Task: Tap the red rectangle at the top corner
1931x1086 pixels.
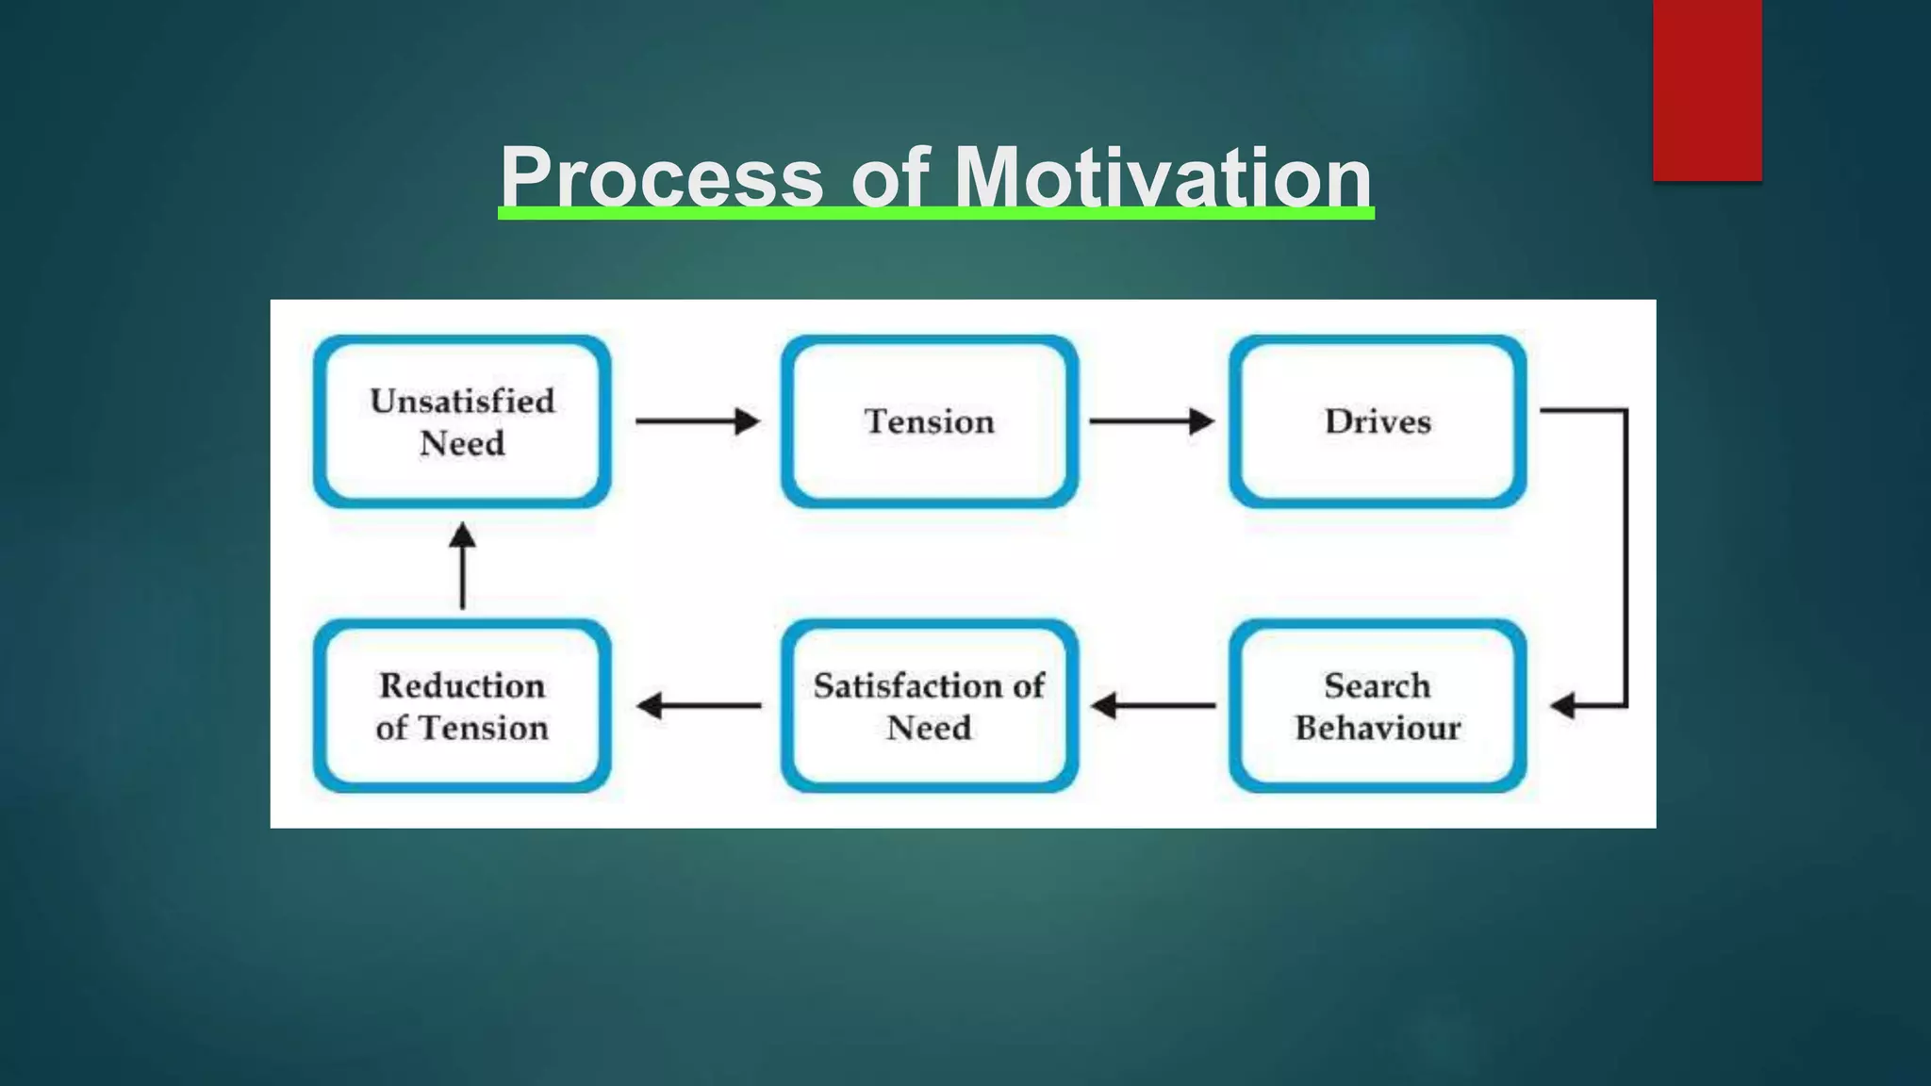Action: point(1707,90)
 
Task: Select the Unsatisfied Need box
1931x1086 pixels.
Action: point(462,421)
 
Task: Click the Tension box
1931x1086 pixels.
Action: point(929,421)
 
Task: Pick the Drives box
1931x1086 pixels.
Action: point(1378,421)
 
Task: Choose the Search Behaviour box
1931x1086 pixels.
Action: point(1378,706)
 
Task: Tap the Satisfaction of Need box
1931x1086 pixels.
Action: point(929,706)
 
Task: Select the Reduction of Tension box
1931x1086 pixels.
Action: point(462,706)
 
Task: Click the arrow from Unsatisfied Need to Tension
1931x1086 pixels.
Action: point(698,421)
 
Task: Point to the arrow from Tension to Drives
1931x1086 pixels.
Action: point(1151,421)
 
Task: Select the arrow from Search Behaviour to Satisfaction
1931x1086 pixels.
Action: point(1152,705)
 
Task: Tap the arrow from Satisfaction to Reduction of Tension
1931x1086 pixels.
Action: point(699,705)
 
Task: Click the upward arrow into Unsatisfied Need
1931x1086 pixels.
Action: point(462,566)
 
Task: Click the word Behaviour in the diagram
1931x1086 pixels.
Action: point(1378,728)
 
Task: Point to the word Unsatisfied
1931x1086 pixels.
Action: point(462,402)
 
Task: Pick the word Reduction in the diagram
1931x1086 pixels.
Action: point(462,685)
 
